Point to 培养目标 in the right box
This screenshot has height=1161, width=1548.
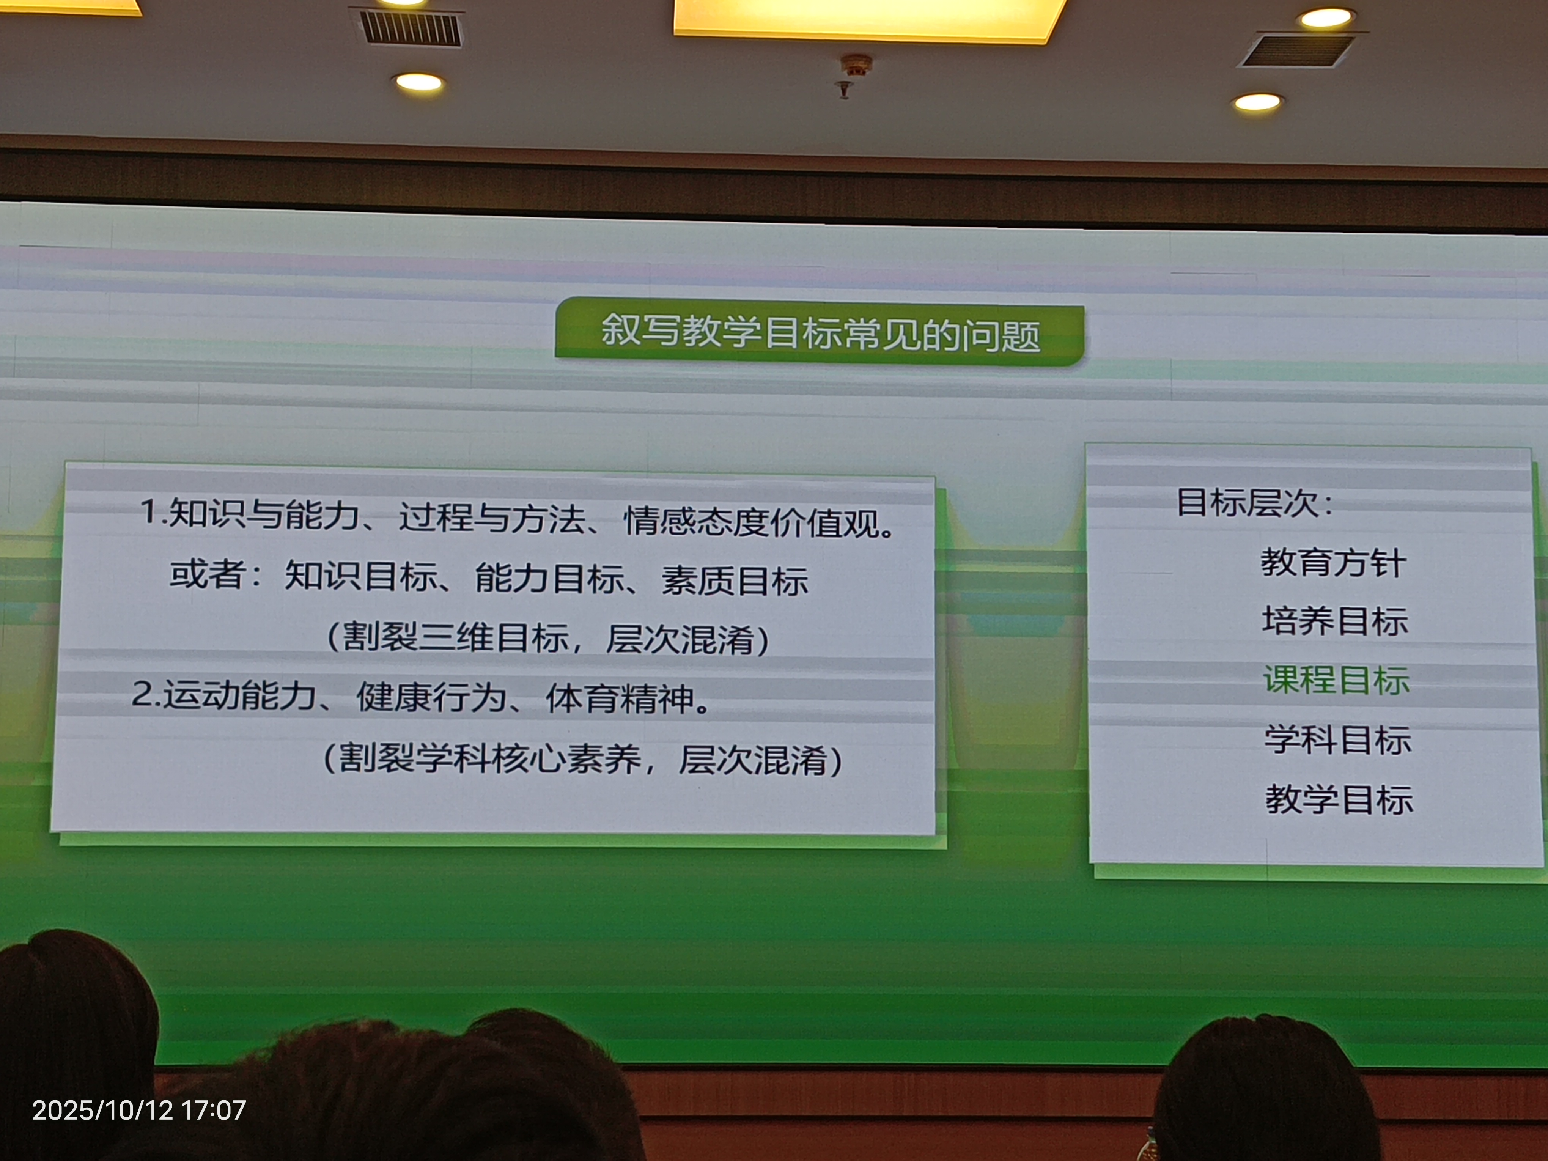tap(1334, 621)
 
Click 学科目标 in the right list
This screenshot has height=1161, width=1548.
tap(1337, 740)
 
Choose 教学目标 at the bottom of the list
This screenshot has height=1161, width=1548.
tap(1339, 799)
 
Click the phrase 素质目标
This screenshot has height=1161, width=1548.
tap(735, 580)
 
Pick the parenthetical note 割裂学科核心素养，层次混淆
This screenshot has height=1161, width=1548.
tap(582, 758)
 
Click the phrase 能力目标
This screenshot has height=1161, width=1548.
tap(549, 578)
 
